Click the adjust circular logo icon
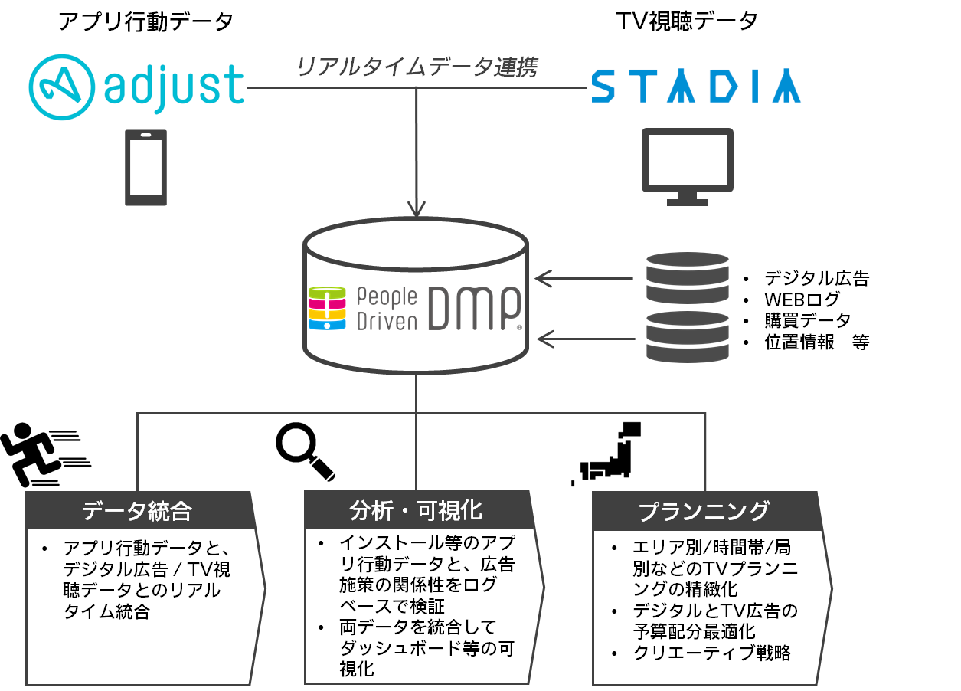coord(62,87)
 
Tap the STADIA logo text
coord(696,86)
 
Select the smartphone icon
coord(145,168)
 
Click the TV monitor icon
coord(688,166)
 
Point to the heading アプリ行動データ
coord(145,21)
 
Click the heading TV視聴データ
coord(687,21)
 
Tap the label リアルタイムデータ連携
coord(417,67)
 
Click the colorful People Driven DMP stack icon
coord(327,308)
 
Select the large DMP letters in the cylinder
coord(475,308)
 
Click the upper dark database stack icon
coord(688,278)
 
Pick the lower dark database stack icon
coord(688,337)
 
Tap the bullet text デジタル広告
coord(816,278)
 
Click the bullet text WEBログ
coord(802,300)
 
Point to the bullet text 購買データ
coord(807,321)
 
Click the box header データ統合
coord(137,511)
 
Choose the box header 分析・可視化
coord(416,511)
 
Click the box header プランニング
coord(704,512)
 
